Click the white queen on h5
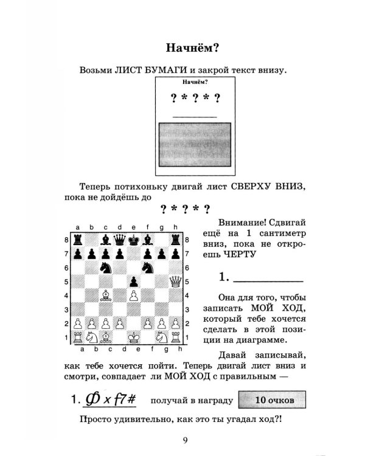(175, 281)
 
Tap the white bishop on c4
(106, 295)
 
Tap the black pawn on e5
(133, 281)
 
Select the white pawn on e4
(133, 295)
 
